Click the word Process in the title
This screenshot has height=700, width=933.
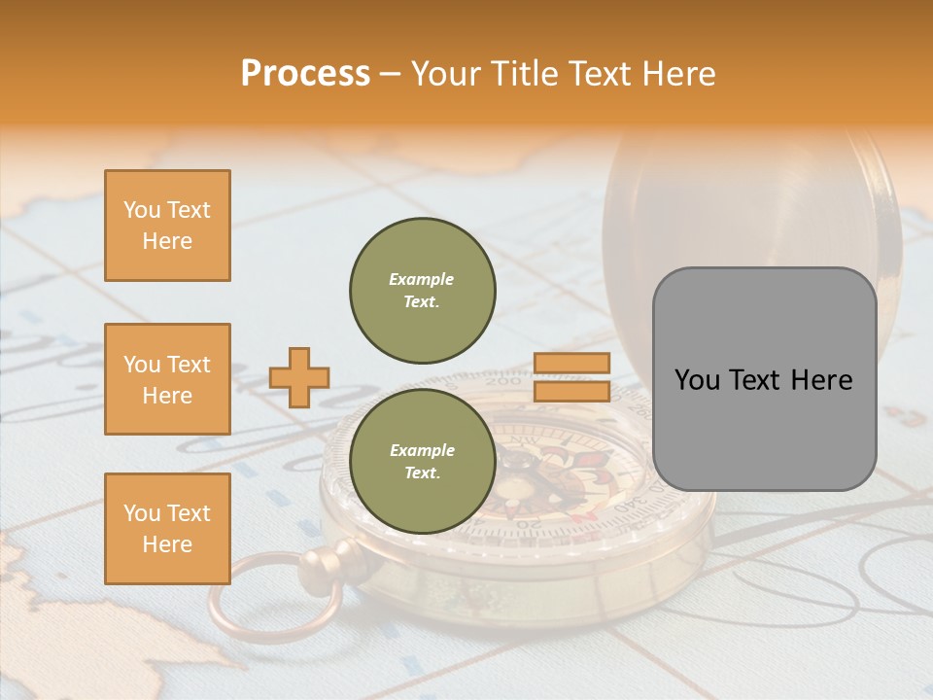tap(305, 74)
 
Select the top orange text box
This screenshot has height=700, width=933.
tap(167, 226)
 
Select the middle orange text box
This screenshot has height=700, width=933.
tap(167, 379)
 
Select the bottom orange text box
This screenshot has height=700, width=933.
tap(167, 529)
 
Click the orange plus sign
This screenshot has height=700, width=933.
tap(299, 377)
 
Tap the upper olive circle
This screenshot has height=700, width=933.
tap(423, 291)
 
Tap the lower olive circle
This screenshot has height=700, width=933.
tap(423, 462)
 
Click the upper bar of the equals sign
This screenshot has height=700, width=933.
tap(571, 364)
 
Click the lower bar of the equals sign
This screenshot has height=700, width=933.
tap(571, 391)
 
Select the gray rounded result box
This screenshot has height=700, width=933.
tap(764, 379)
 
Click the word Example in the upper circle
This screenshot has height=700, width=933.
tap(422, 279)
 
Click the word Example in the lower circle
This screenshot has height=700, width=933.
tap(422, 450)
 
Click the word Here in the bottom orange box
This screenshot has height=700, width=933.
tap(167, 544)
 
